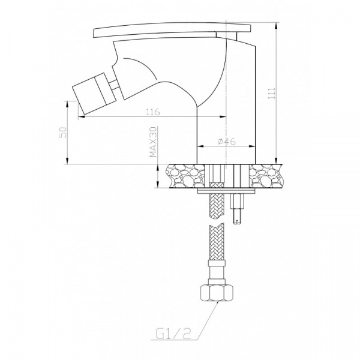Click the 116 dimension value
(153, 112)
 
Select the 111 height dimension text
(272, 93)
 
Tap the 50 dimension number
(63, 132)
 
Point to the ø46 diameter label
(226, 142)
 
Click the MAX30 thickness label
(154, 142)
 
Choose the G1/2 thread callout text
(173, 335)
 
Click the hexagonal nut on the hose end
(217, 293)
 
